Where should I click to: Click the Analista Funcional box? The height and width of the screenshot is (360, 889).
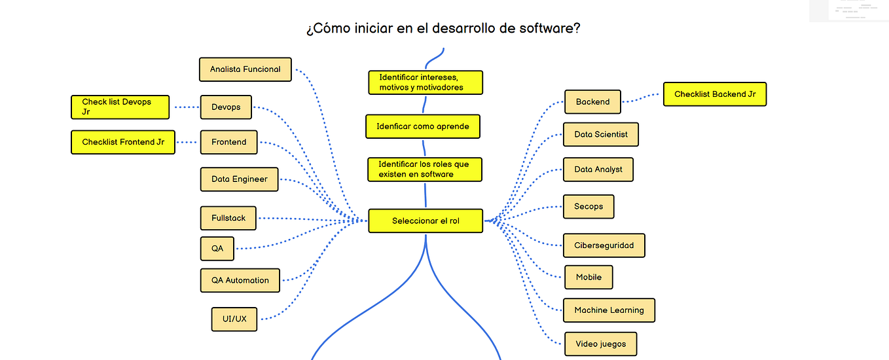pos(245,69)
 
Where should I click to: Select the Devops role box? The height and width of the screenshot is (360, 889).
pos(226,107)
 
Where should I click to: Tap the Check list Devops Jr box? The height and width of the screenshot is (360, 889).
pos(120,107)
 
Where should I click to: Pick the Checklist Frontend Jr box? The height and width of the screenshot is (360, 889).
pos(123,142)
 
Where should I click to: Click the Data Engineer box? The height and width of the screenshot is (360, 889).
pos(239,179)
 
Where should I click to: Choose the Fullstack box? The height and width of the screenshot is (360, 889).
pos(228,218)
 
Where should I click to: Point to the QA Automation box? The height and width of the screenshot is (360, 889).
pos(240,280)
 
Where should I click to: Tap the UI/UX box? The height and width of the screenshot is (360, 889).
pos(234,319)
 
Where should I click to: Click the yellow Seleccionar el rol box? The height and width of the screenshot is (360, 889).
pos(426,221)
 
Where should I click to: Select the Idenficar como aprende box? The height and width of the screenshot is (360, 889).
pos(422,126)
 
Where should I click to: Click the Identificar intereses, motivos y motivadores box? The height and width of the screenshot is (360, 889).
pos(426,82)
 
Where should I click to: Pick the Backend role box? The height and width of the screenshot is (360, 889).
pos(592,102)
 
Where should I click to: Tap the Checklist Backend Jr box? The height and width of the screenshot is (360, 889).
pos(715,94)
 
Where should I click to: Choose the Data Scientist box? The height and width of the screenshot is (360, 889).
pos(600,134)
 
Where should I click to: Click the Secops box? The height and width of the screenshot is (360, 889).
pos(589,206)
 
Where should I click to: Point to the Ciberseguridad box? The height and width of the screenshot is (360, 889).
pos(604,245)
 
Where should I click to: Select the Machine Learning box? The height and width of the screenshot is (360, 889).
pos(609,310)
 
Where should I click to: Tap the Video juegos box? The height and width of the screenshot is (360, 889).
pos(600,344)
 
